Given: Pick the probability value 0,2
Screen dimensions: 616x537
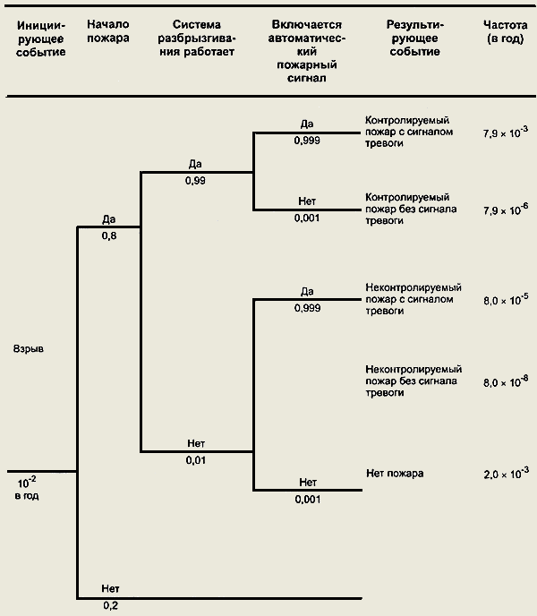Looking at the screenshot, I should (x=110, y=606).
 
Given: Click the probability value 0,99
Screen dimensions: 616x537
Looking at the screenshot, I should (x=196, y=181).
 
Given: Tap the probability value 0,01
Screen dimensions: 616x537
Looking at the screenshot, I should (x=196, y=460).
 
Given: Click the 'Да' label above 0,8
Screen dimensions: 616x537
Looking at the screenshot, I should (x=110, y=218).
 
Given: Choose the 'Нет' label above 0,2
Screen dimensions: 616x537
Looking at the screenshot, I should (x=110, y=587).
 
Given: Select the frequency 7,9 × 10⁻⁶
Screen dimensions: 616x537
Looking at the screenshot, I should (x=506, y=209).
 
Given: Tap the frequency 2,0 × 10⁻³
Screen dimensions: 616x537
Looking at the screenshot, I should (x=506, y=472).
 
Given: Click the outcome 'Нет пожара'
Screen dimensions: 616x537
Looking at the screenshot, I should (x=395, y=472).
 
